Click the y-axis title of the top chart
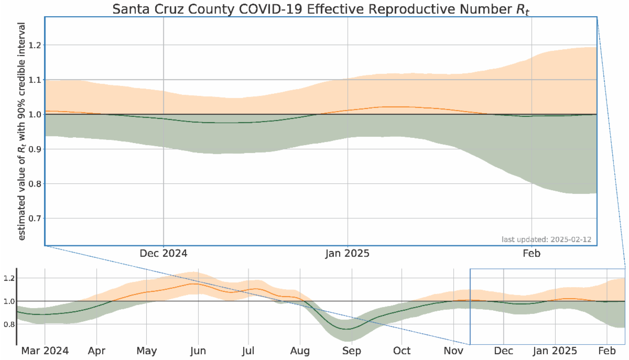(22, 131)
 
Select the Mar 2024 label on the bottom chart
(45, 351)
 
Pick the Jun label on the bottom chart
(198, 351)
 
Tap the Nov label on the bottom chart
(453, 351)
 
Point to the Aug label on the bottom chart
(300, 351)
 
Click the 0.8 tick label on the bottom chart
(8, 324)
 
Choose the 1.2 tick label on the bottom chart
(8, 278)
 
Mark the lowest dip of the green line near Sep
(347, 329)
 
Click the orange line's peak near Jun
(195, 284)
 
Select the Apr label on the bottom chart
(96, 351)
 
